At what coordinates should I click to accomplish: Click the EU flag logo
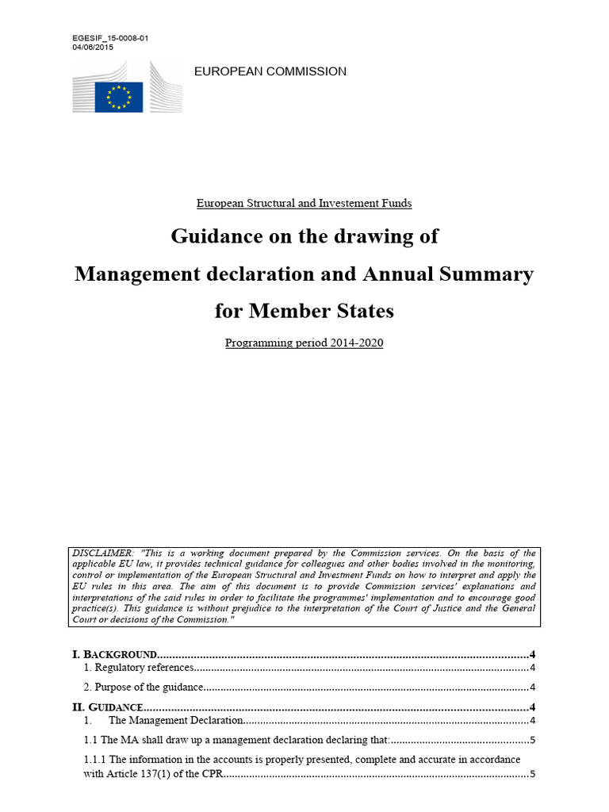119,97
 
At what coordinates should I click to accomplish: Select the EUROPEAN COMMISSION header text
270,71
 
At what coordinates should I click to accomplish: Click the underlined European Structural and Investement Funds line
304,203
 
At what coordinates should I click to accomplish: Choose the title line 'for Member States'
304,311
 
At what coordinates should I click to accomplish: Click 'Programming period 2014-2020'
304,343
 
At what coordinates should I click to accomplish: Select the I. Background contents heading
114,655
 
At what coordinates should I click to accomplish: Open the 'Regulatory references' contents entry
139,668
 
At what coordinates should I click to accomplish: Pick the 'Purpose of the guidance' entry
144,688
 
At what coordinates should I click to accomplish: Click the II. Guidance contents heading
108,707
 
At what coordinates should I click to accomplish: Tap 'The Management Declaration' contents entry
174,721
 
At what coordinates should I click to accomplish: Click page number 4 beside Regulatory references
533,668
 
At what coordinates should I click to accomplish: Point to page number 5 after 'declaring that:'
533,741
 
